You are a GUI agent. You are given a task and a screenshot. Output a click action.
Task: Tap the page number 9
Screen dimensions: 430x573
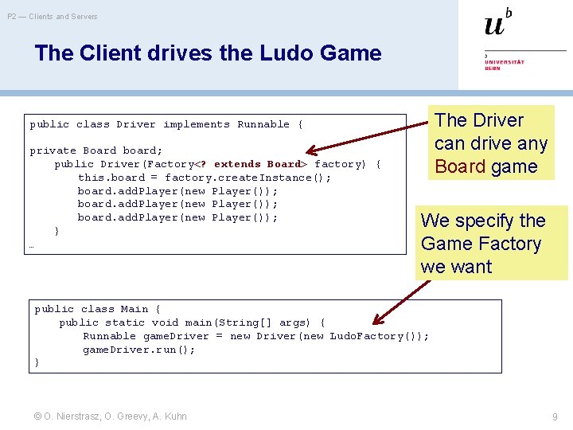click(x=554, y=416)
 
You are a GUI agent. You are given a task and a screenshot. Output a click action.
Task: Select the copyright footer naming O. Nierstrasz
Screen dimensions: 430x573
click(x=111, y=416)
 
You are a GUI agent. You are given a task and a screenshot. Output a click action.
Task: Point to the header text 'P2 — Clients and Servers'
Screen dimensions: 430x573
click(x=53, y=16)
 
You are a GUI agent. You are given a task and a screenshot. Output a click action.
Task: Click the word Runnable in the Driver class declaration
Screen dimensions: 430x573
click(x=263, y=124)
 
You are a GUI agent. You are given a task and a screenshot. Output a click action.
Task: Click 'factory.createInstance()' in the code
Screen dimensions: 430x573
click(x=248, y=178)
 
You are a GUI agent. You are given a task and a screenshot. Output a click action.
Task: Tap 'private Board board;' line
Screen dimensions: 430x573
click(x=95, y=150)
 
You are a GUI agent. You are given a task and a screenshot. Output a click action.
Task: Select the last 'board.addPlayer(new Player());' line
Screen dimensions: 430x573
click(x=177, y=217)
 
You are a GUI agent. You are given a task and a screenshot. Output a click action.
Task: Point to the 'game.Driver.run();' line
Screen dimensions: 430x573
click(x=138, y=350)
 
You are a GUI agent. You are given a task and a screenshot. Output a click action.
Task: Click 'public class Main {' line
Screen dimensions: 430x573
click(x=97, y=309)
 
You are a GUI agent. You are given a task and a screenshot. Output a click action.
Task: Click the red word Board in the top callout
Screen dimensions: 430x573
click(x=460, y=166)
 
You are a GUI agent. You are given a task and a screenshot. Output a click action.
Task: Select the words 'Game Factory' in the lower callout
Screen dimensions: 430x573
click(x=481, y=244)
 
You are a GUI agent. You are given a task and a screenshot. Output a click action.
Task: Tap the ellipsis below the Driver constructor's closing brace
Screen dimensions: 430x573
click(x=31, y=246)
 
